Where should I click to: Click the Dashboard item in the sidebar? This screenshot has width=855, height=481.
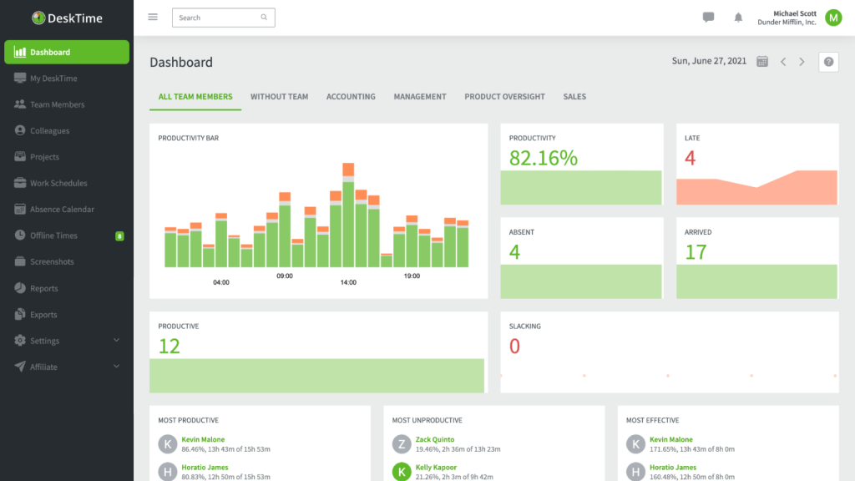pos(67,52)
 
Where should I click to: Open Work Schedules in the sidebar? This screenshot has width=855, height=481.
pos(58,183)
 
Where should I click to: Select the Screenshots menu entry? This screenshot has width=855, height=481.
pos(52,261)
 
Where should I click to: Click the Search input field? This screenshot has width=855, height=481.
pos(217,18)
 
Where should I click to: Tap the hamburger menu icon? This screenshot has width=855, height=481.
pos(153,17)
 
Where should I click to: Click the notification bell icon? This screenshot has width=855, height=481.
pos(738,18)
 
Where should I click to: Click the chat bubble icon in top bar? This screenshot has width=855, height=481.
pos(708,18)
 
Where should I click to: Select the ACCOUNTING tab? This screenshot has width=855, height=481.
pos(351,97)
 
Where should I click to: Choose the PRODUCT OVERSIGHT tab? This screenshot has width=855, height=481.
pos(504,97)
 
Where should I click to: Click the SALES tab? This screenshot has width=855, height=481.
pos(574,97)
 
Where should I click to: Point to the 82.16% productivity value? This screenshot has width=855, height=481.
pos(544,158)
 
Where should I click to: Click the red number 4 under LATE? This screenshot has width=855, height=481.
pos(690,158)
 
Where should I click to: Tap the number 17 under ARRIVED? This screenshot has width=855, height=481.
pos(696,252)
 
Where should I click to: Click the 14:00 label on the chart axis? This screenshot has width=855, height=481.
pos(348,282)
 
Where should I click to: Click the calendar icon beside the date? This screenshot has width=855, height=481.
pos(761,62)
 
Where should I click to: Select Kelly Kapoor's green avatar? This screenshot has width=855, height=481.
pos(402,472)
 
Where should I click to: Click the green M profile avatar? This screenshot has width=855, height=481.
pos(832,18)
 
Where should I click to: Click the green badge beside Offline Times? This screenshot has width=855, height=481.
pos(119,236)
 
